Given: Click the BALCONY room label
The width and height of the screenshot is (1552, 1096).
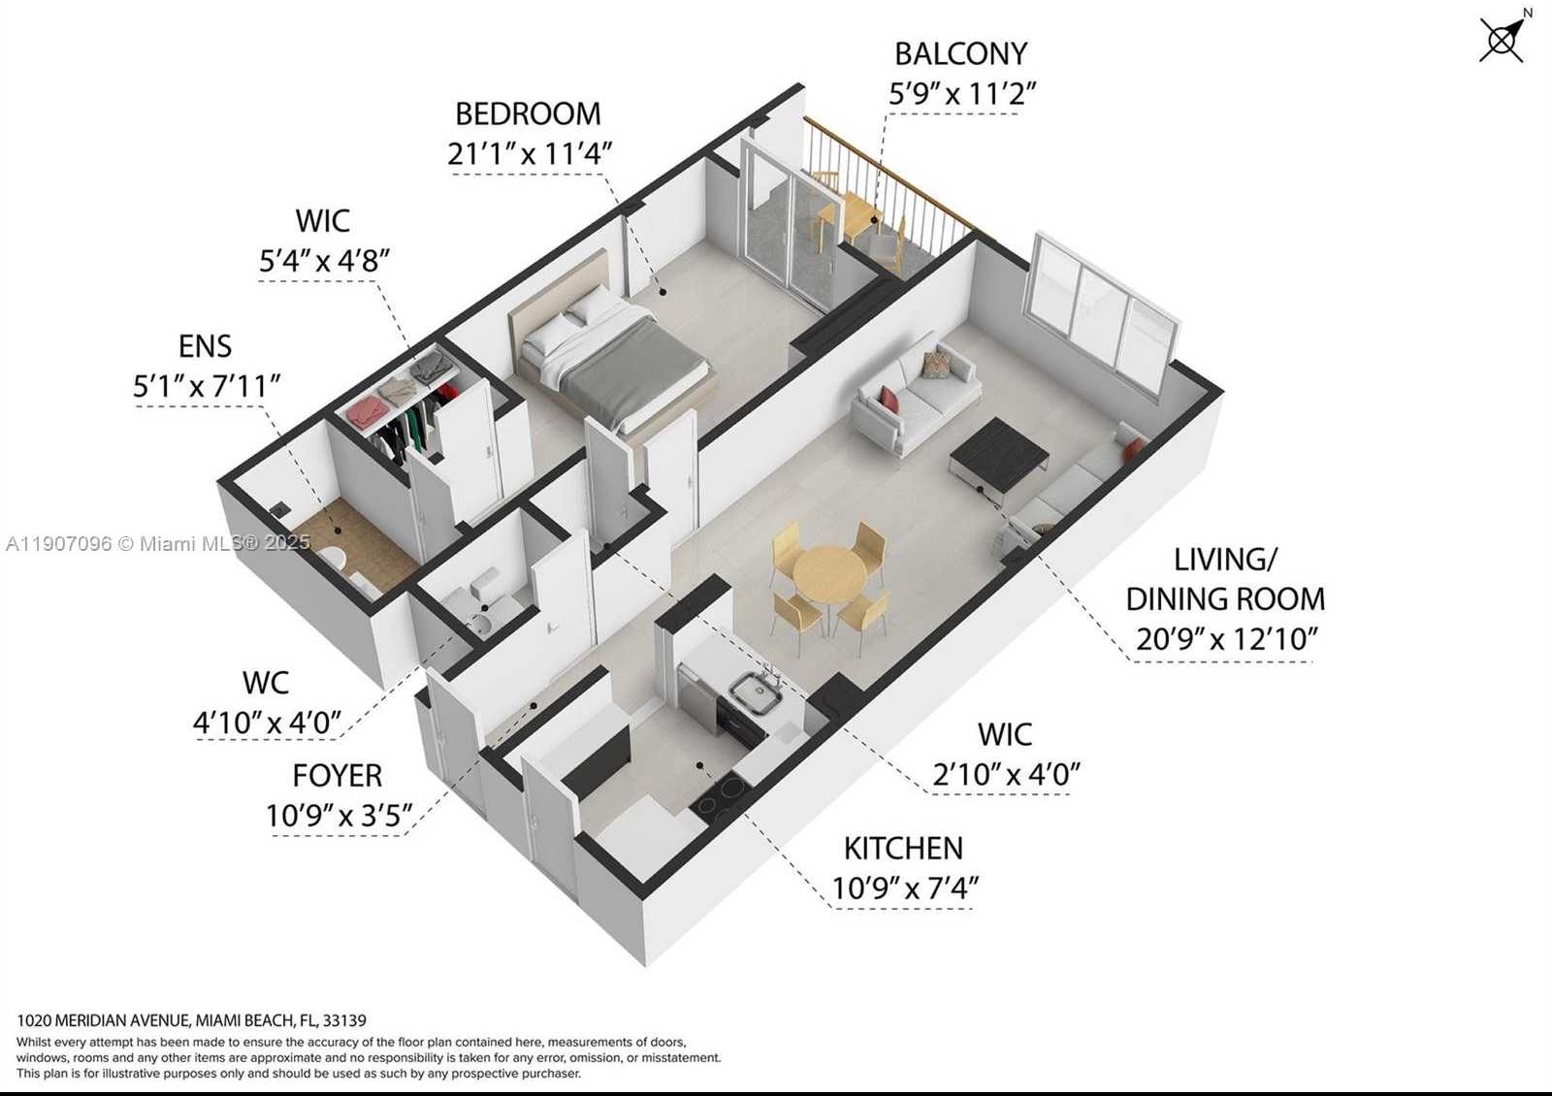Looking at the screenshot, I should (x=960, y=54).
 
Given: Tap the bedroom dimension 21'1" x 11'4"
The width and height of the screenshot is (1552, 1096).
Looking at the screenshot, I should (x=530, y=154).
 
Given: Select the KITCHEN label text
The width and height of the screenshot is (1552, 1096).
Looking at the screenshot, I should (x=903, y=849).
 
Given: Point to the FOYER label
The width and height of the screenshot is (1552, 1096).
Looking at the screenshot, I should (x=338, y=776).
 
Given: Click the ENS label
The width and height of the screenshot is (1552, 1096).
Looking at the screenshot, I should (x=206, y=346).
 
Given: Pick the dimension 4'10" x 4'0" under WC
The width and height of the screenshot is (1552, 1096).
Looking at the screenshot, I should (x=267, y=723).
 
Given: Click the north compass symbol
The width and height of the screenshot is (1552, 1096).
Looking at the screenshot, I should (x=1503, y=39).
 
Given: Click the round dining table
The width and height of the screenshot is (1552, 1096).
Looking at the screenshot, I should (x=829, y=574).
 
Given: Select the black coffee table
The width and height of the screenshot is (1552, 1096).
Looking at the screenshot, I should (x=998, y=451).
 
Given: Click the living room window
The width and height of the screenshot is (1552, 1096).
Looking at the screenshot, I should (x=1104, y=310).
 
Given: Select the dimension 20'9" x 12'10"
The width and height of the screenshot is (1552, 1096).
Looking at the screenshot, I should (x=1226, y=639).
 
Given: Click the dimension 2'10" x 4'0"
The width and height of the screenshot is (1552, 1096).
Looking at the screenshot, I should (x=1006, y=775).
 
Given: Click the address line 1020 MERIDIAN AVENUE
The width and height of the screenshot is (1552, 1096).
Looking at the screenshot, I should (x=192, y=1020).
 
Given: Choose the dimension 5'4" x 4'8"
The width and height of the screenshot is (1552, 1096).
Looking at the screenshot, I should (x=324, y=261).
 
